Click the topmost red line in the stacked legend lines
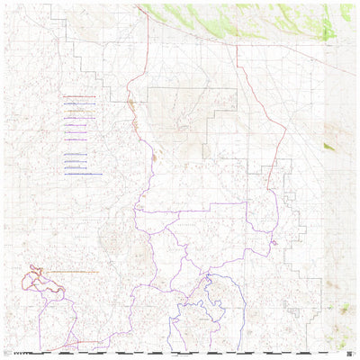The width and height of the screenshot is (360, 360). point(79,95)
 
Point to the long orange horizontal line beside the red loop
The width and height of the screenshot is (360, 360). point(85,271)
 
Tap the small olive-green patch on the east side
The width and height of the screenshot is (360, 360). point(328,146)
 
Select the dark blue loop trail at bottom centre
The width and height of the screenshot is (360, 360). point(213,290)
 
